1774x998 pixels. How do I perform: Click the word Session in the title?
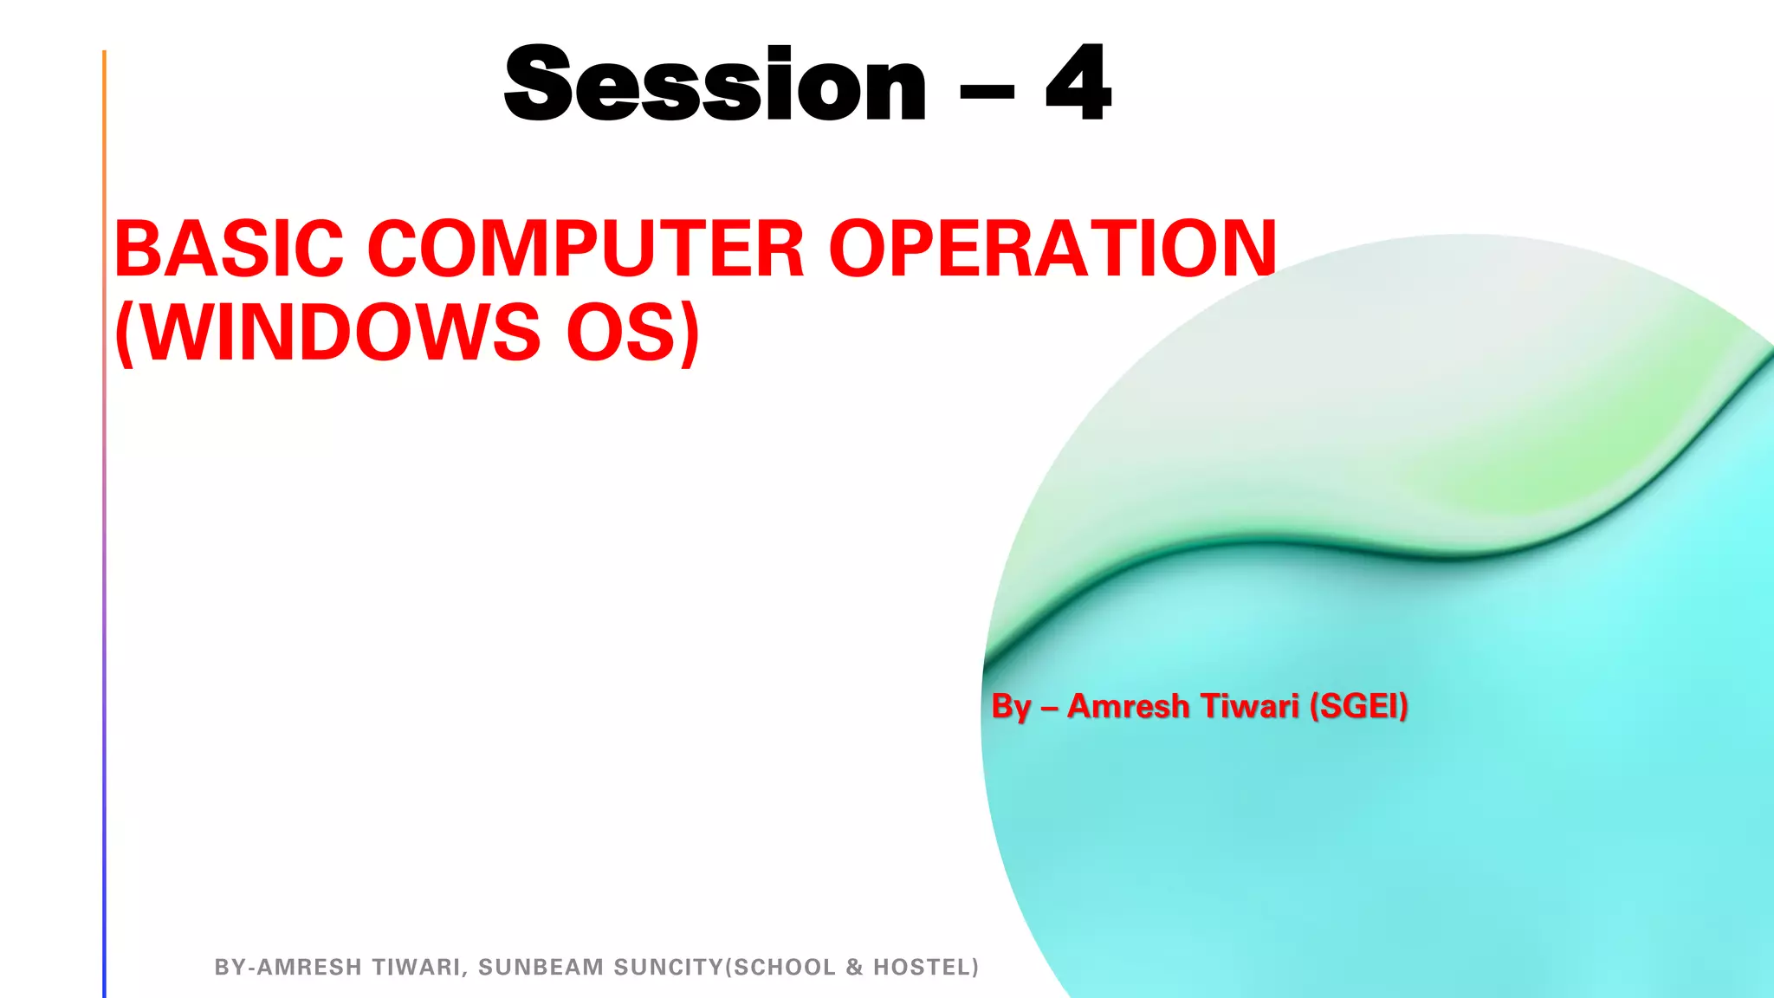[x=715, y=85]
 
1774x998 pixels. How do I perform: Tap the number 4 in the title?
[x=1078, y=85]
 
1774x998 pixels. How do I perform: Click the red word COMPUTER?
[x=586, y=249]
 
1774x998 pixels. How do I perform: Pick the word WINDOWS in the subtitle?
[x=340, y=333]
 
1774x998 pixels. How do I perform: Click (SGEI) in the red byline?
[x=1358, y=706]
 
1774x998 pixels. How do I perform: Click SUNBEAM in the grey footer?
[x=541, y=968]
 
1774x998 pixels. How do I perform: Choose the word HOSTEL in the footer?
[x=925, y=968]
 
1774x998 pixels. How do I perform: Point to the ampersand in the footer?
[x=854, y=968]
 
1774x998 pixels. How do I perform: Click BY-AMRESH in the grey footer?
[x=288, y=968]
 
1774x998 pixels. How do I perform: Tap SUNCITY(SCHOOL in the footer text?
[x=725, y=968]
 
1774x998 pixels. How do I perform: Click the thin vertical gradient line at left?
[x=104, y=520]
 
